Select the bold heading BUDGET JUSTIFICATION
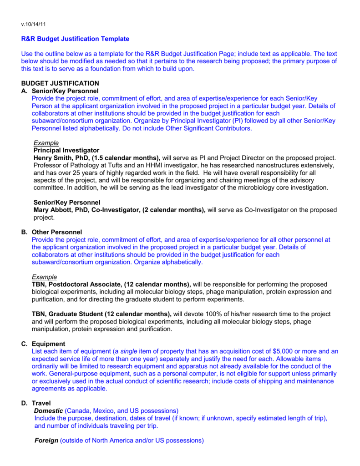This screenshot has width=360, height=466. pyautogui.click(x=60, y=83)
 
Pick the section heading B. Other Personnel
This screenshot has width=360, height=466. pyautogui.click(x=52, y=232)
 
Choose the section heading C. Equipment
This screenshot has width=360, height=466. pyautogui.click(x=44, y=344)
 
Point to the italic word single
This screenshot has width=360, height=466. pyautogui.click(x=129, y=351)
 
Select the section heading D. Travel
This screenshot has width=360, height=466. pyautogui.click(x=36, y=403)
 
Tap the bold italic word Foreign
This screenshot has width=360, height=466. pyautogui.click(x=46, y=441)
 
